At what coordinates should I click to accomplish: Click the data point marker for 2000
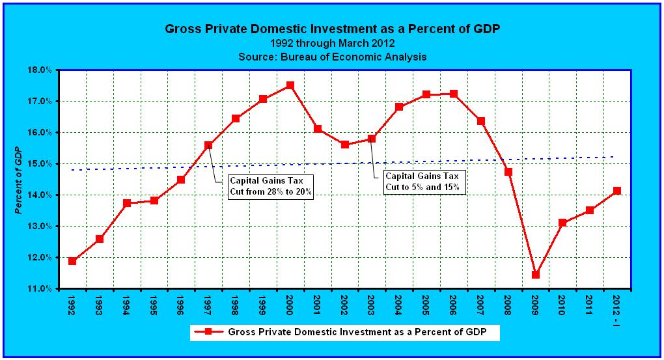[290, 85]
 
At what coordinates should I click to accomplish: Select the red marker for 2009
[535, 275]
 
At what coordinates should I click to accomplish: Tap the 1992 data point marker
[72, 261]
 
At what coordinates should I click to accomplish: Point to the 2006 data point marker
[454, 94]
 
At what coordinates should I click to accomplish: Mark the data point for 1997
[208, 145]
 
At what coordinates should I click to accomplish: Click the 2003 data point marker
[372, 138]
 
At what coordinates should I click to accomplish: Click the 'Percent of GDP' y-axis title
[20, 179]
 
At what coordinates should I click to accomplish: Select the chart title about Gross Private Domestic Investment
[332, 29]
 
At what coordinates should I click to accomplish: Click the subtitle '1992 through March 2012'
[332, 43]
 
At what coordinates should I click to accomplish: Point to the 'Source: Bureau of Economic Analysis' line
[332, 57]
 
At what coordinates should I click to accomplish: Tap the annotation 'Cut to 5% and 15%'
[422, 187]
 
